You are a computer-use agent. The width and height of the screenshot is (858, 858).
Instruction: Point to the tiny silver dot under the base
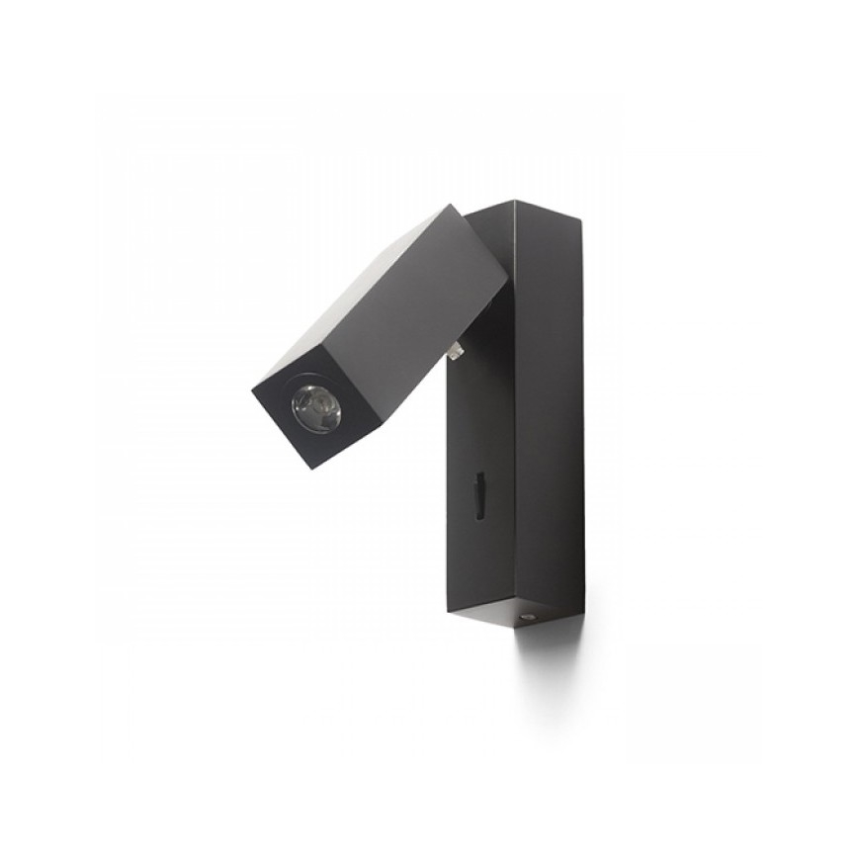pyautogui.click(x=527, y=616)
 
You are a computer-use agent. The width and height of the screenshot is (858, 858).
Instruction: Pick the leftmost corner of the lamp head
pyautogui.click(x=252, y=386)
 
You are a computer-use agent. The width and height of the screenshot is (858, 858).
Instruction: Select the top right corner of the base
pyautogui.click(x=580, y=218)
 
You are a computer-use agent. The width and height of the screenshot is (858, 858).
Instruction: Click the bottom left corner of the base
pyautogui.click(x=447, y=612)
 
